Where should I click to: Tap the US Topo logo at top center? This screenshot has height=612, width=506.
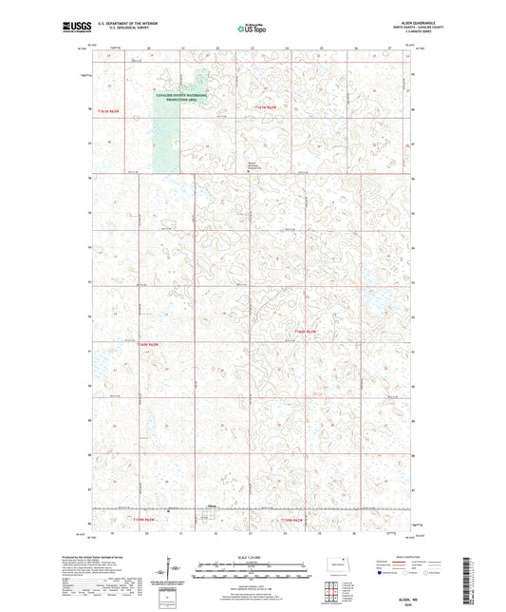252,29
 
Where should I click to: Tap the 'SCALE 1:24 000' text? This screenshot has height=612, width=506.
253,555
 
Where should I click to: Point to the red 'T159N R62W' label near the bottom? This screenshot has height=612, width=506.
293,520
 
